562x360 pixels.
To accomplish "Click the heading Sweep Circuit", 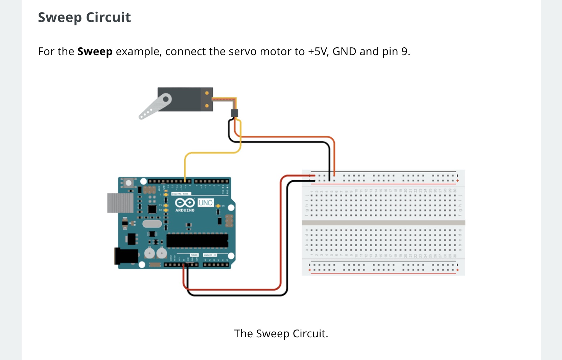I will tap(84, 17).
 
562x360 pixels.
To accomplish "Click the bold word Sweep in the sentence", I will tap(95, 51).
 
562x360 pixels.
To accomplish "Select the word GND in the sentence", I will tap(344, 51).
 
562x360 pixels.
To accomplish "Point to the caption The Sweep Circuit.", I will tap(281, 334).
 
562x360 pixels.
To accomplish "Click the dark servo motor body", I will tap(183, 99).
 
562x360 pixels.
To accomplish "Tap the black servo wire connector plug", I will tap(234, 113).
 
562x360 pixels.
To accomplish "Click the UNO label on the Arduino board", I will tap(206, 203).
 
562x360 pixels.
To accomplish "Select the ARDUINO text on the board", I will tap(185, 210).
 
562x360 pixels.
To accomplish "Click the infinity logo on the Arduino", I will tap(185, 203).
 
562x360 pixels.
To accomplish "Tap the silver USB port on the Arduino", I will tap(120, 203).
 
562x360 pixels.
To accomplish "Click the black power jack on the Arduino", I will tap(126, 256).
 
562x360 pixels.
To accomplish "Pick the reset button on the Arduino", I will tap(128, 183).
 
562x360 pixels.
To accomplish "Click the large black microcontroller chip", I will tap(197, 241).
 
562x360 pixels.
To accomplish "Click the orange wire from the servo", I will tap(287, 137).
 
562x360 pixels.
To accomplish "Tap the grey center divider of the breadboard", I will tap(383, 223).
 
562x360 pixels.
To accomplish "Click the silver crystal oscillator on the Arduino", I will tap(152, 224).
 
